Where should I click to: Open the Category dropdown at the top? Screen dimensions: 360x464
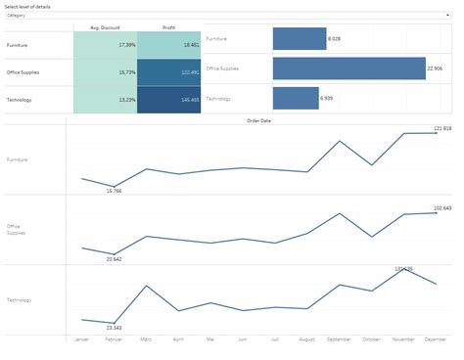(232, 16)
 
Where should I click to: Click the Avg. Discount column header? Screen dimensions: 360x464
(105, 27)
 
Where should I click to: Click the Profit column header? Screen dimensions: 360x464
(168, 27)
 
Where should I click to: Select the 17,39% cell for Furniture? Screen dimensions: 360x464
(105, 45)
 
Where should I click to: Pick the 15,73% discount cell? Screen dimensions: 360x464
(105, 72)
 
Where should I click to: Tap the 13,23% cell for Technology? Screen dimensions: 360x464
(105, 100)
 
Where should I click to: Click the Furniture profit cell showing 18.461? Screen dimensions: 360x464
(168, 45)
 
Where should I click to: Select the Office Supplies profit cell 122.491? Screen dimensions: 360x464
(168, 72)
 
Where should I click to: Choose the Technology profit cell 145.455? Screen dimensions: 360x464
(168, 100)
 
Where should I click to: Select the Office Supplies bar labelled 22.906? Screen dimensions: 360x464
(349, 68)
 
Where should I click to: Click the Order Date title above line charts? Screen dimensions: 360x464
(259, 120)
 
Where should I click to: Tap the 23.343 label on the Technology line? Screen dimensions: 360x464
(114, 328)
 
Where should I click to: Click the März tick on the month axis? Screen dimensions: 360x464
(146, 339)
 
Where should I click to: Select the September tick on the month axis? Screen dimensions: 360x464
(339, 339)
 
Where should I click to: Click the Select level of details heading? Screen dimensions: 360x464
(27, 6)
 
